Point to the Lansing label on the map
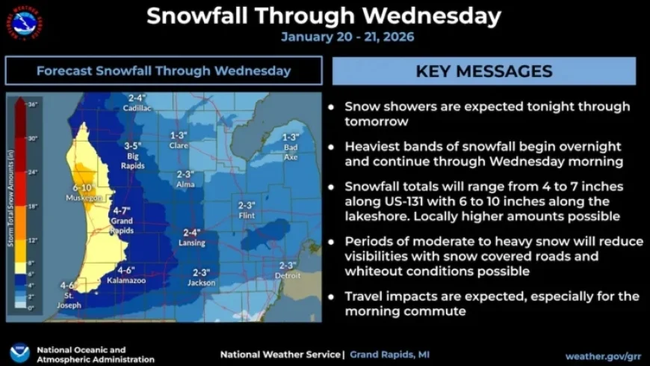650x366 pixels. point(192,243)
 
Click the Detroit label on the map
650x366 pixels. point(288,275)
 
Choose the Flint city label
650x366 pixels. point(247,215)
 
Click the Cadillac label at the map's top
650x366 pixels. point(138,108)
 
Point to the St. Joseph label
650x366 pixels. point(68,295)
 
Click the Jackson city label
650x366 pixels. point(201,282)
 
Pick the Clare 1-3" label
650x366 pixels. point(178,140)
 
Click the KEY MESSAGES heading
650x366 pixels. point(483,71)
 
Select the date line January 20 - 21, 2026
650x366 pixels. point(347,37)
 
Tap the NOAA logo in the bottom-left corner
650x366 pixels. point(20,353)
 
